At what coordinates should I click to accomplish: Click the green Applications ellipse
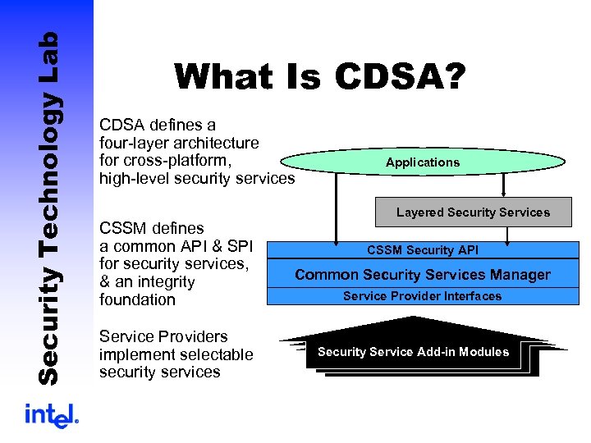[x=422, y=162]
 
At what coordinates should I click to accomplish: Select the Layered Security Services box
[x=473, y=212]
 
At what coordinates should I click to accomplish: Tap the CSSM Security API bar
[x=422, y=250]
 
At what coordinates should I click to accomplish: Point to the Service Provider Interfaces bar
[x=422, y=296]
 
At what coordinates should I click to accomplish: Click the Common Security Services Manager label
[x=422, y=275]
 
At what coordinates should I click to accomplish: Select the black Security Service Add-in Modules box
[x=413, y=352]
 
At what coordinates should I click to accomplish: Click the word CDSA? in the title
[x=401, y=77]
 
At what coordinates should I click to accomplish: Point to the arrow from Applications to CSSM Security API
[x=337, y=205]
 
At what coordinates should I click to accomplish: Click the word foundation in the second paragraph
[x=137, y=299]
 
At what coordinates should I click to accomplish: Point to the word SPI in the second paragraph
[x=239, y=245]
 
